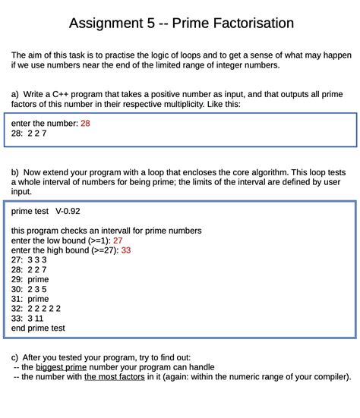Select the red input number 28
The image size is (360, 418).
pyautogui.click(x=85, y=122)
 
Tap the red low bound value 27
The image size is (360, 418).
pyautogui.click(x=118, y=240)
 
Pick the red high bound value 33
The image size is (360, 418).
pyautogui.click(x=126, y=250)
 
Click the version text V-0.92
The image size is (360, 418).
pyautogui.click(x=68, y=211)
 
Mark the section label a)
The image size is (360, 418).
pyautogui.click(x=15, y=94)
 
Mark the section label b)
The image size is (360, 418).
pyautogui.click(x=15, y=172)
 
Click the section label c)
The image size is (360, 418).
pyautogui.click(x=15, y=357)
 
